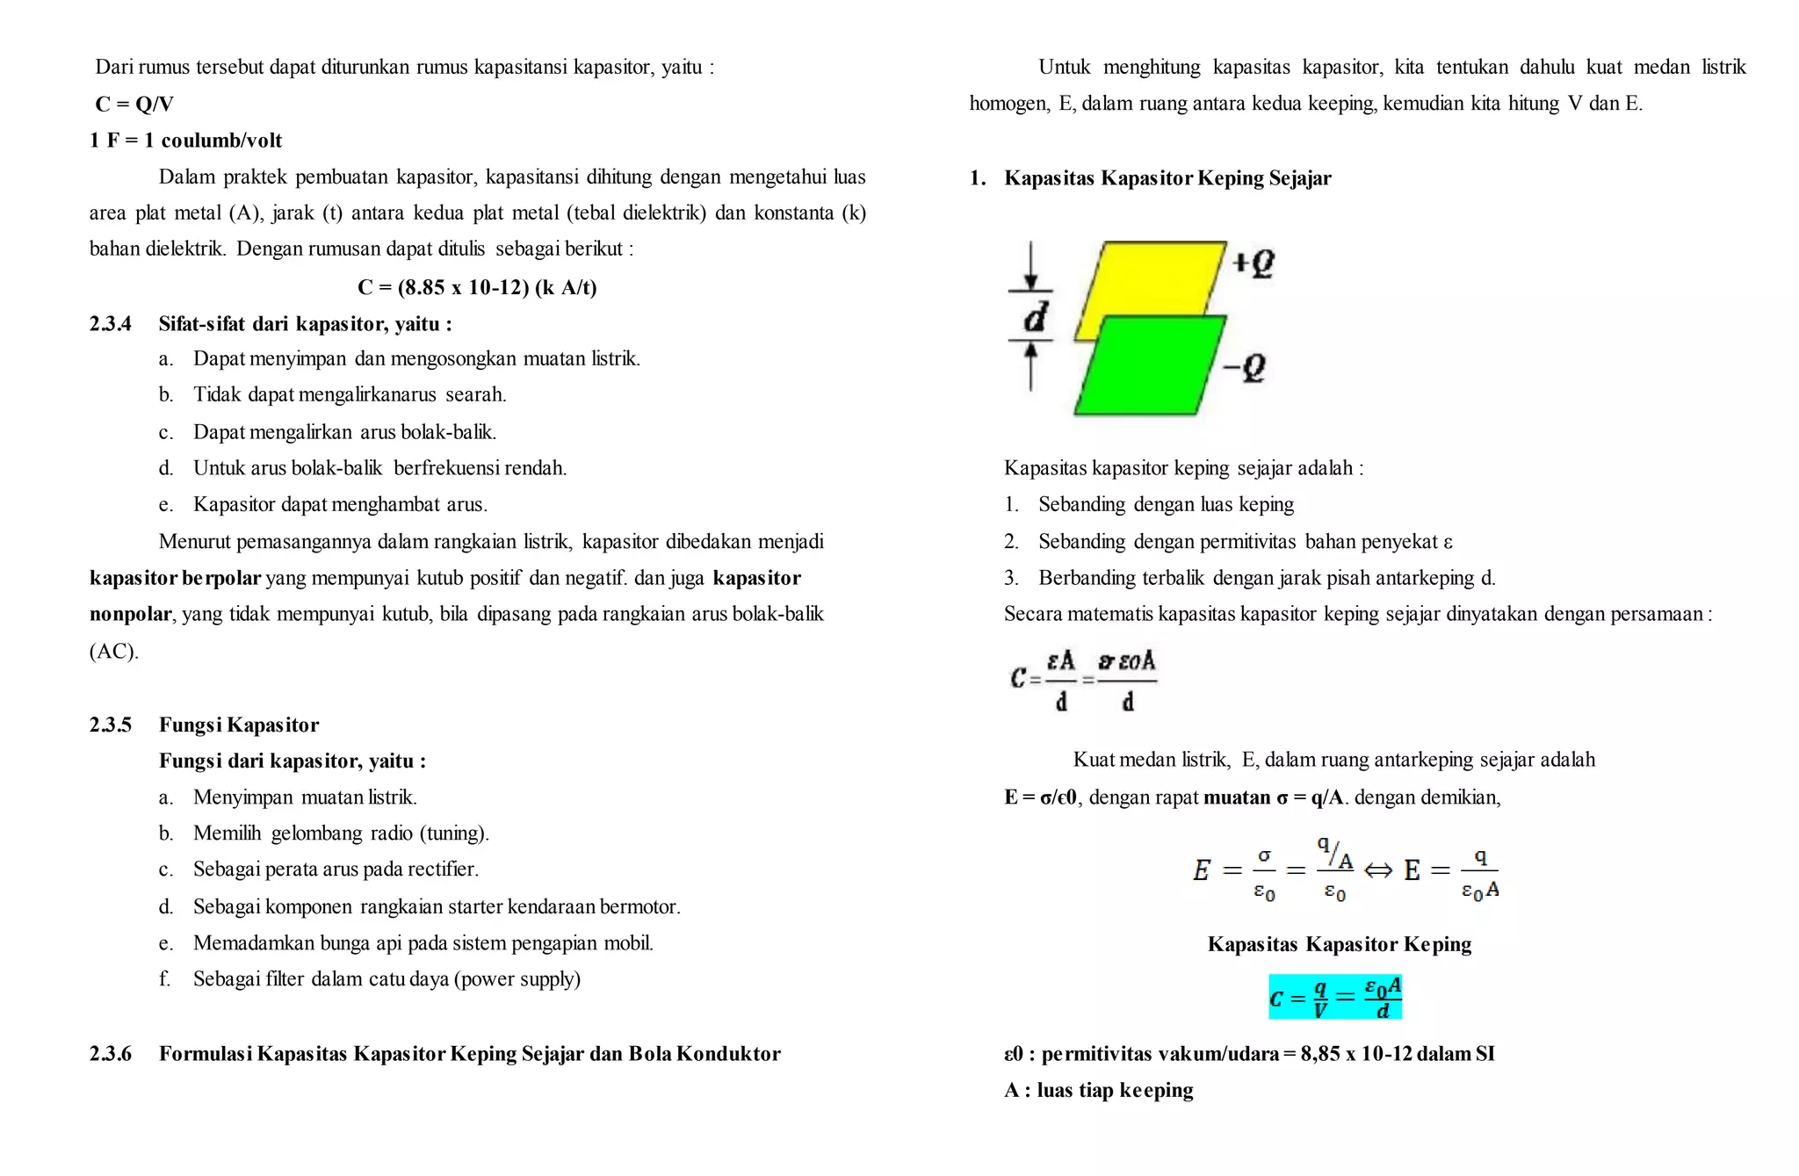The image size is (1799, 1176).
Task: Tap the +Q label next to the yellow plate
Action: point(1254,263)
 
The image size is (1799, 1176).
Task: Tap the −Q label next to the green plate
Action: point(1245,367)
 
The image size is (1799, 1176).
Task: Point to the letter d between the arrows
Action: point(1036,318)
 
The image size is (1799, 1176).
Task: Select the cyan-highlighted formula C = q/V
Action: point(1334,997)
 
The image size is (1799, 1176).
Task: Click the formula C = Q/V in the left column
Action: point(134,105)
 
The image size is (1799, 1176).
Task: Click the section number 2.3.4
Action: point(111,324)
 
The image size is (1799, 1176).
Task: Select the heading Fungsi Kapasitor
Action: point(238,725)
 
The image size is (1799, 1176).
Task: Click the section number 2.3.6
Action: point(111,1054)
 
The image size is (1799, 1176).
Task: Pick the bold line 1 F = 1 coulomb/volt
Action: point(186,141)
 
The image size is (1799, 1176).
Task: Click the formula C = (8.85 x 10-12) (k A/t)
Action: point(477,287)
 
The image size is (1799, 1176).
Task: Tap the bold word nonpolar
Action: point(130,614)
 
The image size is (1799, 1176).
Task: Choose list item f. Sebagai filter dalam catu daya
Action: point(387,979)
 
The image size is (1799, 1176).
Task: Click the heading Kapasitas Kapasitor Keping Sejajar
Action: point(1167,178)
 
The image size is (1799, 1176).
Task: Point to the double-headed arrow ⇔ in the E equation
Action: point(1377,870)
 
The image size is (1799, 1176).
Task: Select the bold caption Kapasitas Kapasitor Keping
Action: point(1339,944)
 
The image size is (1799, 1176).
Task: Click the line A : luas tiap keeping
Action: point(1098,1091)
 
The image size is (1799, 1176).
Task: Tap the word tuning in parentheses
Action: point(452,833)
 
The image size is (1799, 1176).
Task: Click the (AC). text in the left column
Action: point(114,652)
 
